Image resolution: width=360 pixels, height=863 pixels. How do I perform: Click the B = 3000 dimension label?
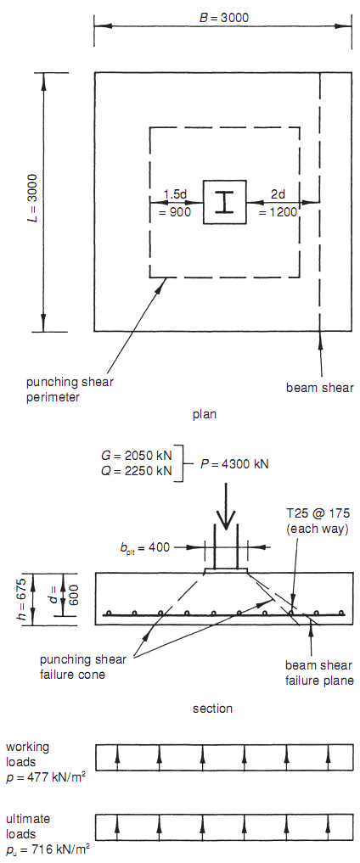(x=223, y=18)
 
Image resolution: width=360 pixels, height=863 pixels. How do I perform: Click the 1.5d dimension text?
(x=177, y=195)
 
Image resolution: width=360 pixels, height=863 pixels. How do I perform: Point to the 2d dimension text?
(x=278, y=195)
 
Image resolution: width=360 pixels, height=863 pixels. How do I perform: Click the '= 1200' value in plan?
(x=278, y=211)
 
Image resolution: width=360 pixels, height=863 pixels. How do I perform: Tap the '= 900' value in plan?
(x=173, y=211)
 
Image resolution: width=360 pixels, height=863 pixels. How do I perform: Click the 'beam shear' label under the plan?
(x=319, y=388)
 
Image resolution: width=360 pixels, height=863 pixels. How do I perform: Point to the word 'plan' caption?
(x=205, y=414)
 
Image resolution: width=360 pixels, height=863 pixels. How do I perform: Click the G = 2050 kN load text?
(x=137, y=456)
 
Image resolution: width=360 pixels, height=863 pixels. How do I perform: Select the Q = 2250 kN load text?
(x=137, y=471)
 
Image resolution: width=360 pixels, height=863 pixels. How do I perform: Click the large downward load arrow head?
(x=225, y=519)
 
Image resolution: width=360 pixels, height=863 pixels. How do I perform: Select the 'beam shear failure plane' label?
(x=319, y=673)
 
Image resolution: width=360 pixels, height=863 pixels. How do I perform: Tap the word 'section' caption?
(x=212, y=709)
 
